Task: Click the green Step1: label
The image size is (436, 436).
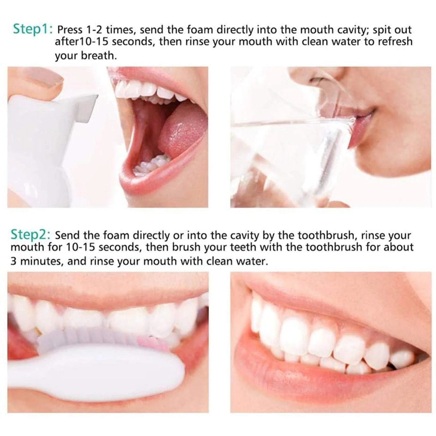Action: pos(33,29)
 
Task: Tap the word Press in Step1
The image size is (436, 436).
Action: pos(70,30)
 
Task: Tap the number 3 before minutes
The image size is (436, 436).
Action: pos(14,261)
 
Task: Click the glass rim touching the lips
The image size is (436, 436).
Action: pos(352,120)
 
